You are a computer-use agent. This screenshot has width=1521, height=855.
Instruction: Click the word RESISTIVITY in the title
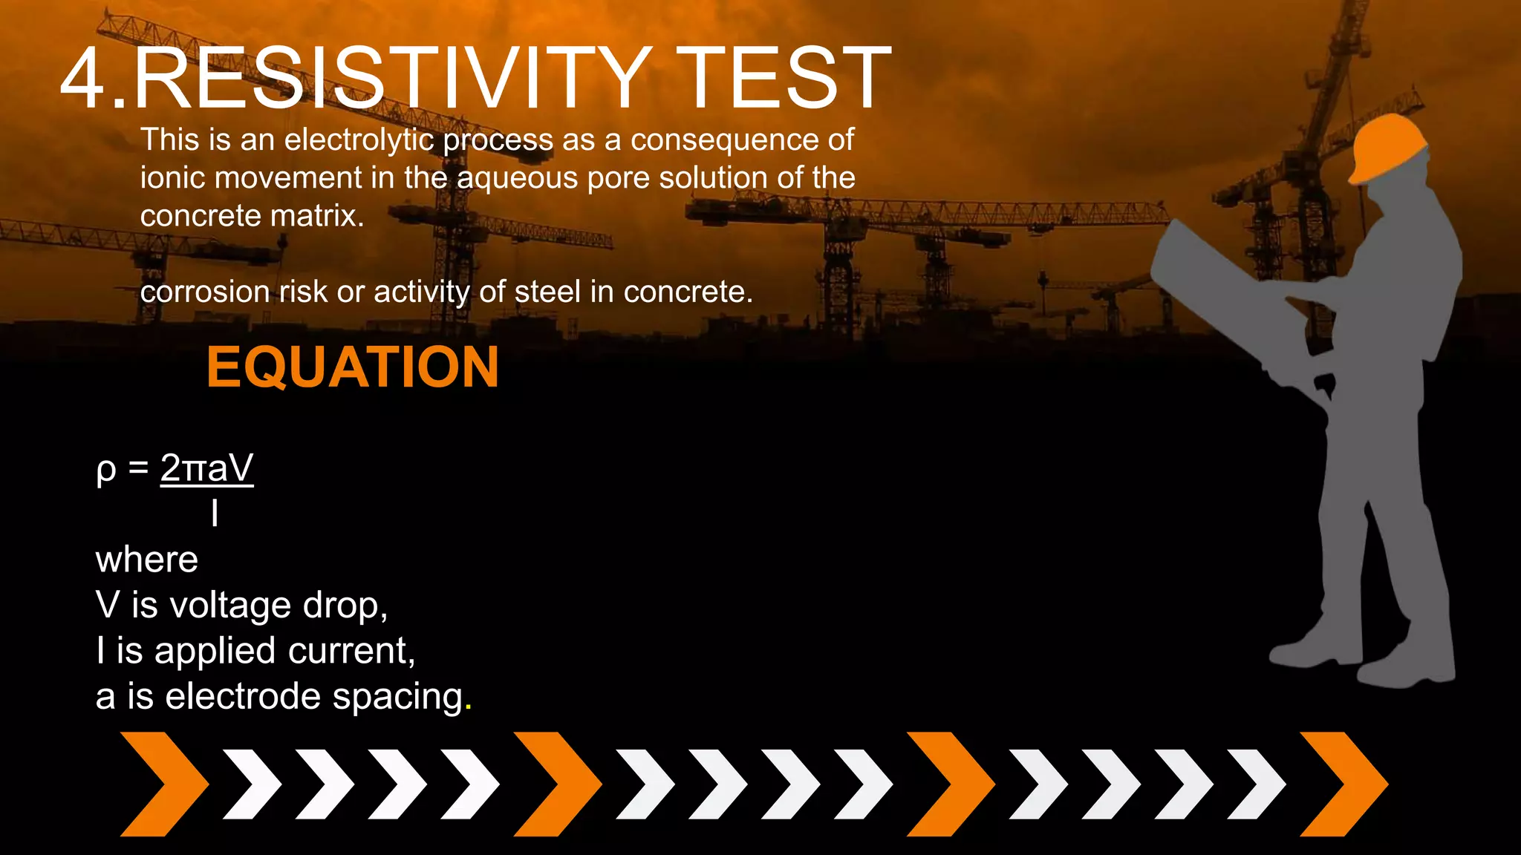(390, 79)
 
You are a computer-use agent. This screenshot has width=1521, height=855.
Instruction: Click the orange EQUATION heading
(352, 367)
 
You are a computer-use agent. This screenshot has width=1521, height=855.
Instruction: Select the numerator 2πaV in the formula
(206, 468)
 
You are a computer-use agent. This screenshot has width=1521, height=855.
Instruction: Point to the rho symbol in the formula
(106, 471)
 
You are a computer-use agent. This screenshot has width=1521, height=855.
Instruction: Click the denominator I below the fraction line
(215, 513)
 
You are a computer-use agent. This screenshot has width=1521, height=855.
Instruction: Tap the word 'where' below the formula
(147, 560)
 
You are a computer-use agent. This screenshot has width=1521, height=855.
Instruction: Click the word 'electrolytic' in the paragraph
(359, 140)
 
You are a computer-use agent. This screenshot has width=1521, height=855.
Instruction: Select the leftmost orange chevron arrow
(162, 784)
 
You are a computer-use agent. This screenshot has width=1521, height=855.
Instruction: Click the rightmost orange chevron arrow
(1343, 784)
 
